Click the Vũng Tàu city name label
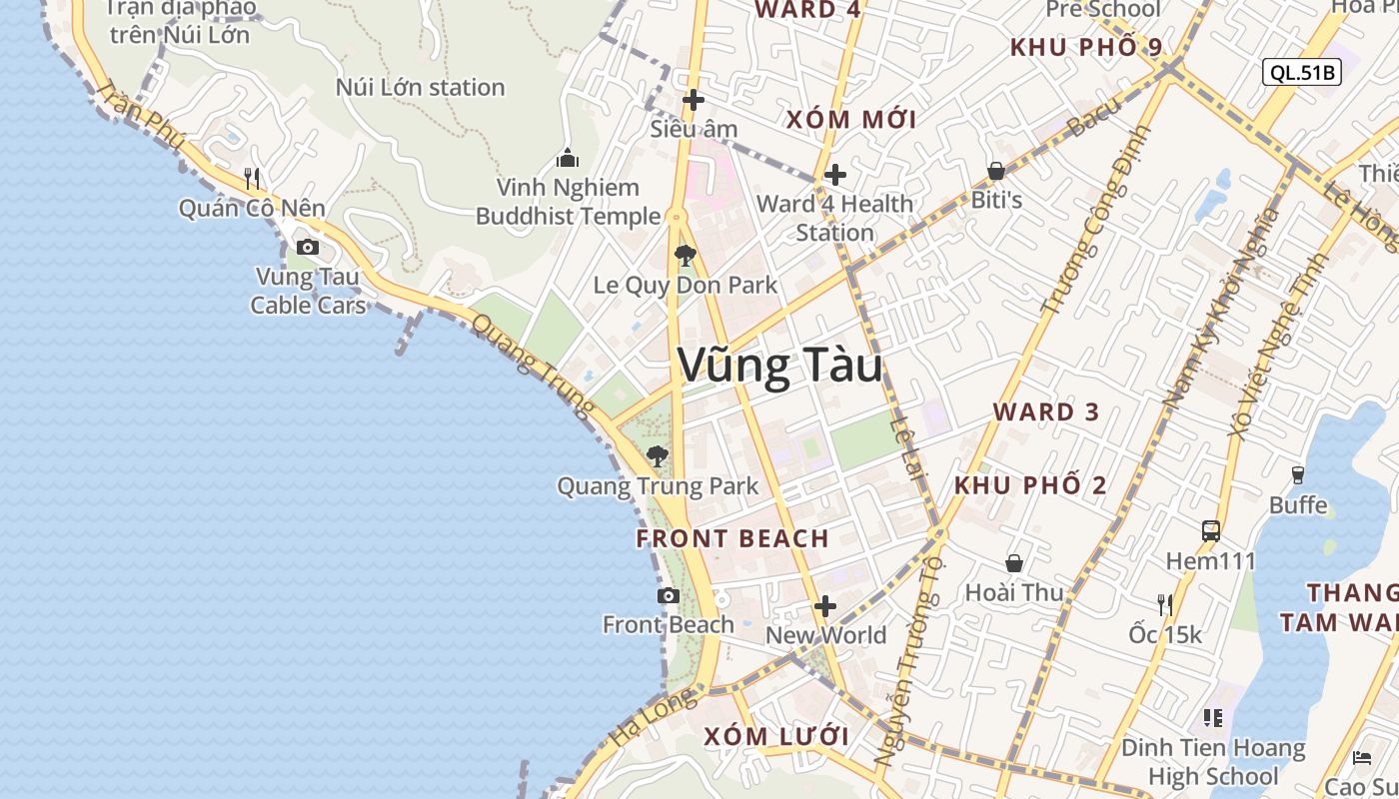(x=780, y=366)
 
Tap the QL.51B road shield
(x=1301, y=72)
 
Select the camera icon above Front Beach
(x=669, y=596)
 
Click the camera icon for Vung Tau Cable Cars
(x=308, y=247)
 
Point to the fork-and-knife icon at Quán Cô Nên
(x=252, y=179)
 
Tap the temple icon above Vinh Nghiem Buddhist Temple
(x=568, y=158)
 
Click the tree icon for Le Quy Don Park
(x=685, y=256)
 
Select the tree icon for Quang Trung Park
(x=658, y=456)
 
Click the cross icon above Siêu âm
(x=694, y=100)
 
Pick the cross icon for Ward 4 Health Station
(x=835, y=175)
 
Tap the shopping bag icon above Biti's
(x=996, y=171)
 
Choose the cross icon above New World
(x=825, y=606)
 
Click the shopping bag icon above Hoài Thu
(x=1014, y=563)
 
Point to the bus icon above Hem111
(x=1211, y=530)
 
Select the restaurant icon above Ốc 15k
(x=1164, y=603)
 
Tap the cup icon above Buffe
(x=1298, y=474)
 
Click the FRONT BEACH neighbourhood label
(x=732, y=538)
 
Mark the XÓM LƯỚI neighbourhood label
(x=776, y=737)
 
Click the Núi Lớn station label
(x=420, y=87)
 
